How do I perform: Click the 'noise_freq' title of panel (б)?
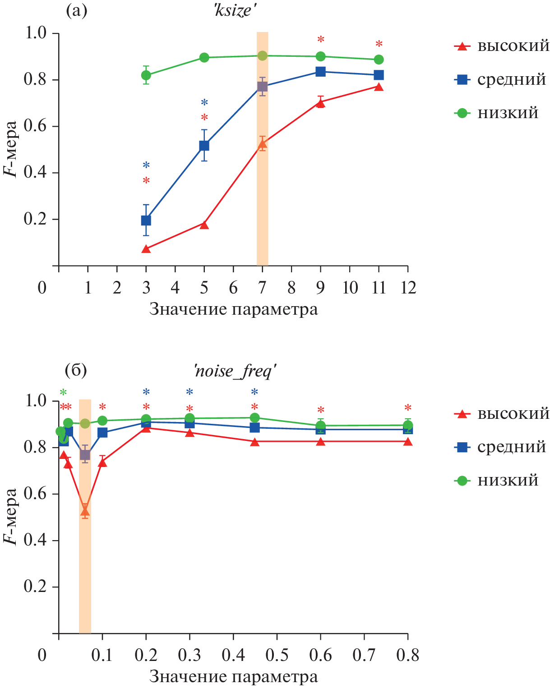click(x=235, y=372)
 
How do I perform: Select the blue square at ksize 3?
click(x=146, y=220)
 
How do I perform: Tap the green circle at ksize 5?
click(x=204, y=58)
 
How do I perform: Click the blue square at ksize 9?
click(x=320, y=72)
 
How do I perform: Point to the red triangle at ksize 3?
click(x=146, y=249)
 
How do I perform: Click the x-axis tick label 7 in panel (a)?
click(x=262, y=288)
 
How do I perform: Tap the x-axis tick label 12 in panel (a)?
click(x=408, y=288)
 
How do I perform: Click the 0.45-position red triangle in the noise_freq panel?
click(x=255, y=442)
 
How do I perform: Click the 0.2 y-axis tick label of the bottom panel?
click(x=35, y=587)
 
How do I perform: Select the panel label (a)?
click(x=76, y=10)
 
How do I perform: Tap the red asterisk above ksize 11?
click(x=379, y=45)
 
